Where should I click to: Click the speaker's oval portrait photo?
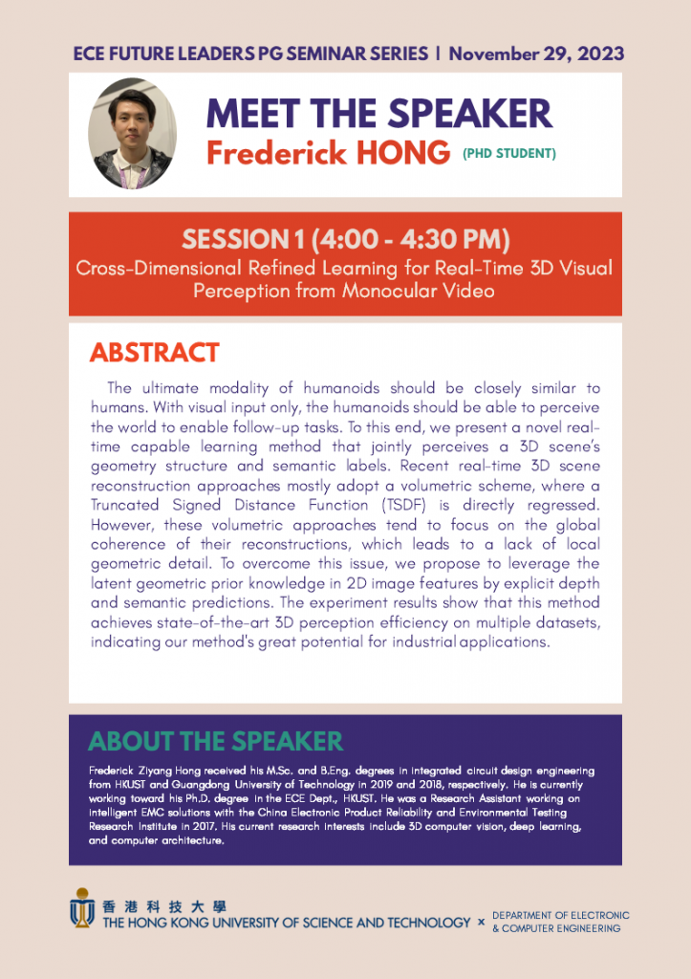132,134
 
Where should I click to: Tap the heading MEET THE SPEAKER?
379,114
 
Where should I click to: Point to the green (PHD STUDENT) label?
509,153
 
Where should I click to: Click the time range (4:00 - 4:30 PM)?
410,238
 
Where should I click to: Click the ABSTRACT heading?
155,353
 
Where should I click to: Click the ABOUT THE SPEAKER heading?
215,741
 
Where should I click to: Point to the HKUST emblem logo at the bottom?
83,907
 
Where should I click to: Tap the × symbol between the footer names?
481,923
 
